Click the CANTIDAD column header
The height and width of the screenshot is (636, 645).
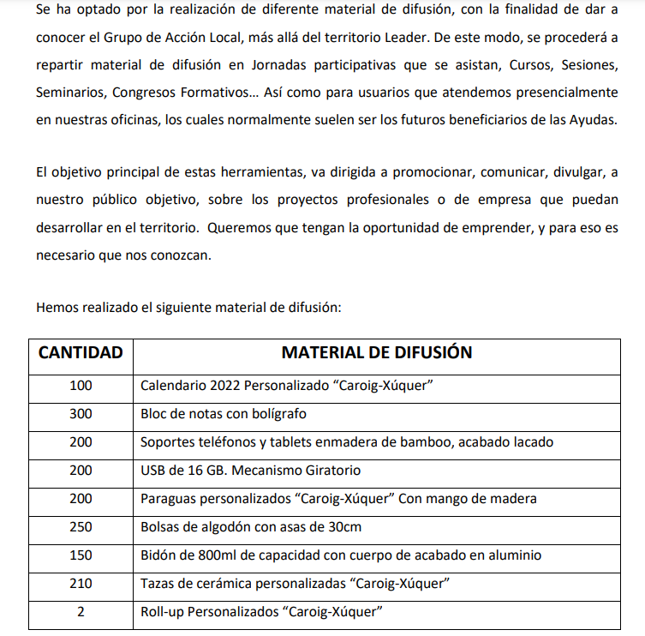click(81, 353)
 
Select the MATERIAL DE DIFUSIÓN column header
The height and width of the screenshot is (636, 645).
click(377, 353)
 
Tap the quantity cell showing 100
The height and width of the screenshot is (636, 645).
click(81, 386)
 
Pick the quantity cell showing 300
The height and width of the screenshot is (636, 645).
click(81, 414)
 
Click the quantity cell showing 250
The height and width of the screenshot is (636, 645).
click(81, 527)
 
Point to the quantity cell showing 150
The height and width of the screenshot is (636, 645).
click(81, 555)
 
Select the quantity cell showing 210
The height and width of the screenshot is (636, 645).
click(81, 584)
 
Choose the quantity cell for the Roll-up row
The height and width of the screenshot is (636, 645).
click(81, 612)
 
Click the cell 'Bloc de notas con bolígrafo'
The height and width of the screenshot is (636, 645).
click(224, 414)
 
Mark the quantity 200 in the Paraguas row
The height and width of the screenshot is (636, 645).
click(81, 499)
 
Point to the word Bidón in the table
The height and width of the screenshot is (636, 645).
click(158, 555)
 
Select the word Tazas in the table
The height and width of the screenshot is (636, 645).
click(158, 584)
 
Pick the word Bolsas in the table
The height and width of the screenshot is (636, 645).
click(160, 527)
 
